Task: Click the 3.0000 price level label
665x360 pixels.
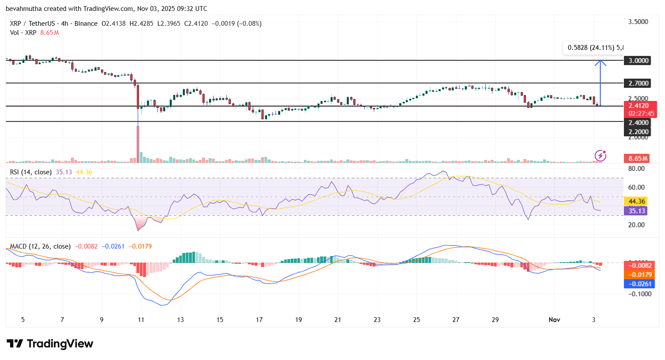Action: pyautogui.click(x=638, y=61)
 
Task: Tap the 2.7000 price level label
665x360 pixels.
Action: pyautogui.click(x=638, y=83)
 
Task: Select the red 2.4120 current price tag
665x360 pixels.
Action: pyautogui.click(x=638, y=106)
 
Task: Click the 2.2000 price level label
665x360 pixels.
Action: pyautogui.click(x=638, y=132)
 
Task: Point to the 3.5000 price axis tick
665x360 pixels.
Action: pyautogui.click(x=638, y=22)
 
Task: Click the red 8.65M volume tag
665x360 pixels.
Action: pyautogui.click(x=638, y=159)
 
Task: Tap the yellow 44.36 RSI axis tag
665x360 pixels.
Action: pyautogui.click(x=637, y=201)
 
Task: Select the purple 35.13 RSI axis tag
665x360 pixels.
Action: pyautogui.click(x=637, y=211)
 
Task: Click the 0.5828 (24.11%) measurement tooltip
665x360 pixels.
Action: pyautogui.click(x=593, y=48)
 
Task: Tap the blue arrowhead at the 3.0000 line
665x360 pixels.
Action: pyautogui.click(x=600, y=63)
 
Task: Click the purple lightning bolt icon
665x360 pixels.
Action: pyautogui.click(x=600, y=156)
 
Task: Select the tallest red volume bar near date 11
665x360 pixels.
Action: pyautogui.click(x=138, y=144)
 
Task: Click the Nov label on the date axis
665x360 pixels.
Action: pyautogui.click(x=554, y=320)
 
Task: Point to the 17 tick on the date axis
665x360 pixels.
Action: pyautogui.click(x=259, y=320)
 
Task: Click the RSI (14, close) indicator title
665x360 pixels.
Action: pyautogui.click(x=31, y=172)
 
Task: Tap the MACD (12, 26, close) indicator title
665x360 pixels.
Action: pyautogui.click(x=40, y=246)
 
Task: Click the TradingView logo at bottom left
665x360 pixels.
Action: pyautogui.click(x=50, y=344)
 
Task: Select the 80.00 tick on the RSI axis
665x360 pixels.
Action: pyautogui.click(x=636, y=169)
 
